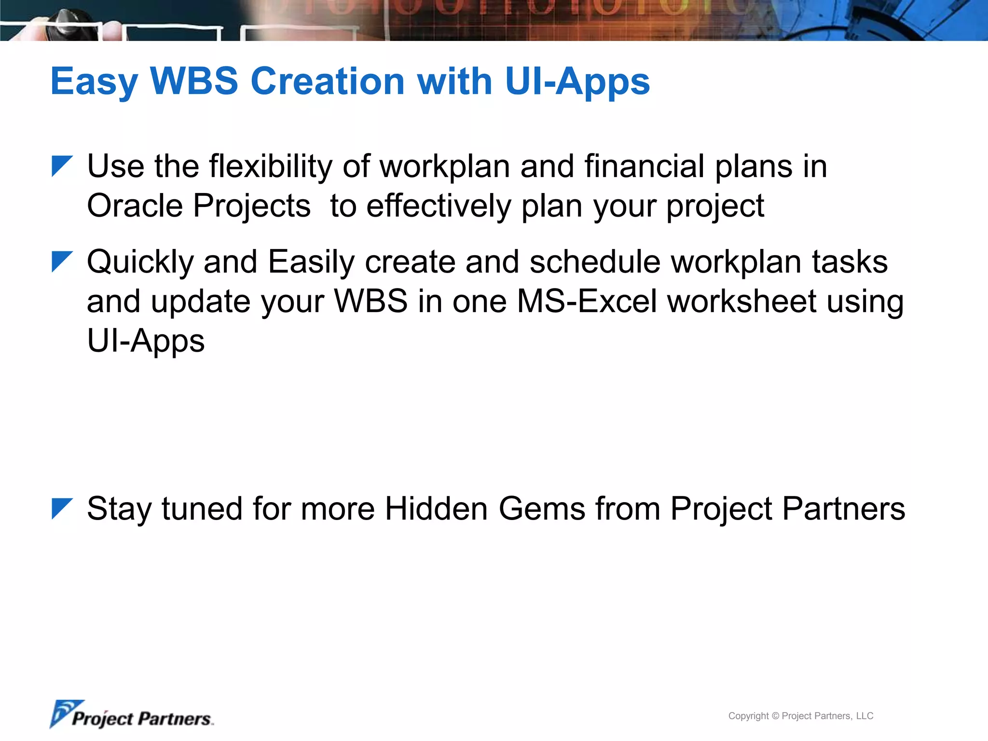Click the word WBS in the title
194,81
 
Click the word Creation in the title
328,81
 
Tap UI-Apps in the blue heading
577,81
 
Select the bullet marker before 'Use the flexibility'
61,166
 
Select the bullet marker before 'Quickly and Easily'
61,262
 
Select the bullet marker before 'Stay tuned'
61,509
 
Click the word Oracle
135,206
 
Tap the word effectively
438,206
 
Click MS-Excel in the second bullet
587,302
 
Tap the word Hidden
436,509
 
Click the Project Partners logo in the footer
131,715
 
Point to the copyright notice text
800,716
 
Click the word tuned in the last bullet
202,509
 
